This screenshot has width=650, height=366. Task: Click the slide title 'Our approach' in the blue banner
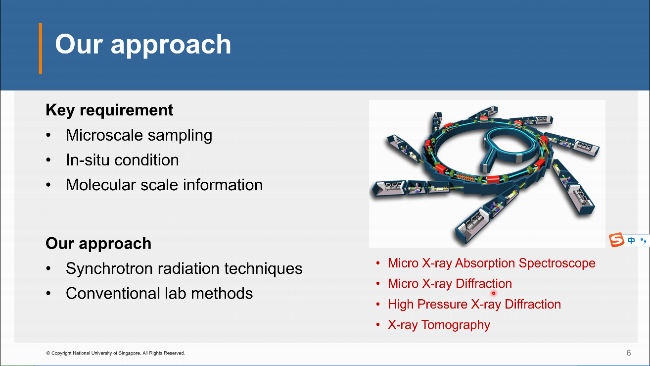tap(143, 45)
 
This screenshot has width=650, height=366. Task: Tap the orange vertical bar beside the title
tap(41, 49)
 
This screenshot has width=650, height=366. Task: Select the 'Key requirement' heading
tap(109, 110)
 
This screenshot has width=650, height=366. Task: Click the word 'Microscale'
tap(105, 135)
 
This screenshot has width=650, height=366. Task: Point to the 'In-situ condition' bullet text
tap(122, 160)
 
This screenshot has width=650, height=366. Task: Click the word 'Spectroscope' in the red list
tap(557, 263)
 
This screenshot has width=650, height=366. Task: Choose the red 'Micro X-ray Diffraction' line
tap(450, 283)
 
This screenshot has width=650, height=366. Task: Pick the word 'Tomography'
tap(456, 325)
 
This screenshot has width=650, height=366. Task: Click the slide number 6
tap(629, 353)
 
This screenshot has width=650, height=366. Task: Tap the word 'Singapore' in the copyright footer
tap(130, 353)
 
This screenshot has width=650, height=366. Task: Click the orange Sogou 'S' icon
tap(616, 240)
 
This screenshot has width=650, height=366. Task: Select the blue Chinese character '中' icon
tap(631, 241)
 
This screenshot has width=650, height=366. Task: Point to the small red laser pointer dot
tap(493, 293)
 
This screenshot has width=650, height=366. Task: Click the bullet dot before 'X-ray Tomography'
tap(378, 325)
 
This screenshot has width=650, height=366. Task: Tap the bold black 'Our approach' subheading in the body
tap(98, 243)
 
